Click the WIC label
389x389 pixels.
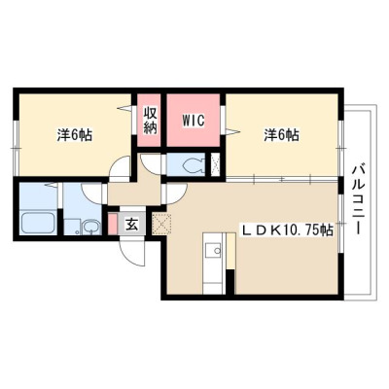point(194,121)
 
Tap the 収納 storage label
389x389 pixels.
point(151,121)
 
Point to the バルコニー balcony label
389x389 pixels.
point(359,199)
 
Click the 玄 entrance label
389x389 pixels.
point(131,224)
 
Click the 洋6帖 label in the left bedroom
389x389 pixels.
point(75,135)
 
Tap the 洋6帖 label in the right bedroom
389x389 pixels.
point(281,135)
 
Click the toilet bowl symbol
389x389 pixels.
point(194,165)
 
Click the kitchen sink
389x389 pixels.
point(214,250)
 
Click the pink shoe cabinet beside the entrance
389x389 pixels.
point(112,224)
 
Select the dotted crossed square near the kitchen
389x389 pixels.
point(161,224)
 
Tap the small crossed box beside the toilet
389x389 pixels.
point(215,164)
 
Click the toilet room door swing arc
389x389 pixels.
point(150,164)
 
